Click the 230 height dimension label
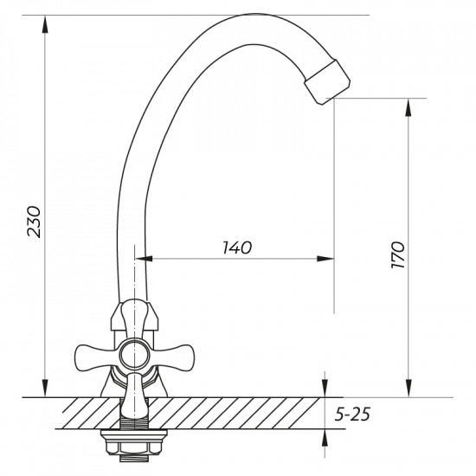coord(34,222)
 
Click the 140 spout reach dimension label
coord(237,248)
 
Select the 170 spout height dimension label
coord(398,254)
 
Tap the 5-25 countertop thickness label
coord(352,414)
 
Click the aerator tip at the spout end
coord(327,82)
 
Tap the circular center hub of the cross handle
coord(134,356)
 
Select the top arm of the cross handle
coord(134,319)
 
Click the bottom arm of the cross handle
coord(134,395)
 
